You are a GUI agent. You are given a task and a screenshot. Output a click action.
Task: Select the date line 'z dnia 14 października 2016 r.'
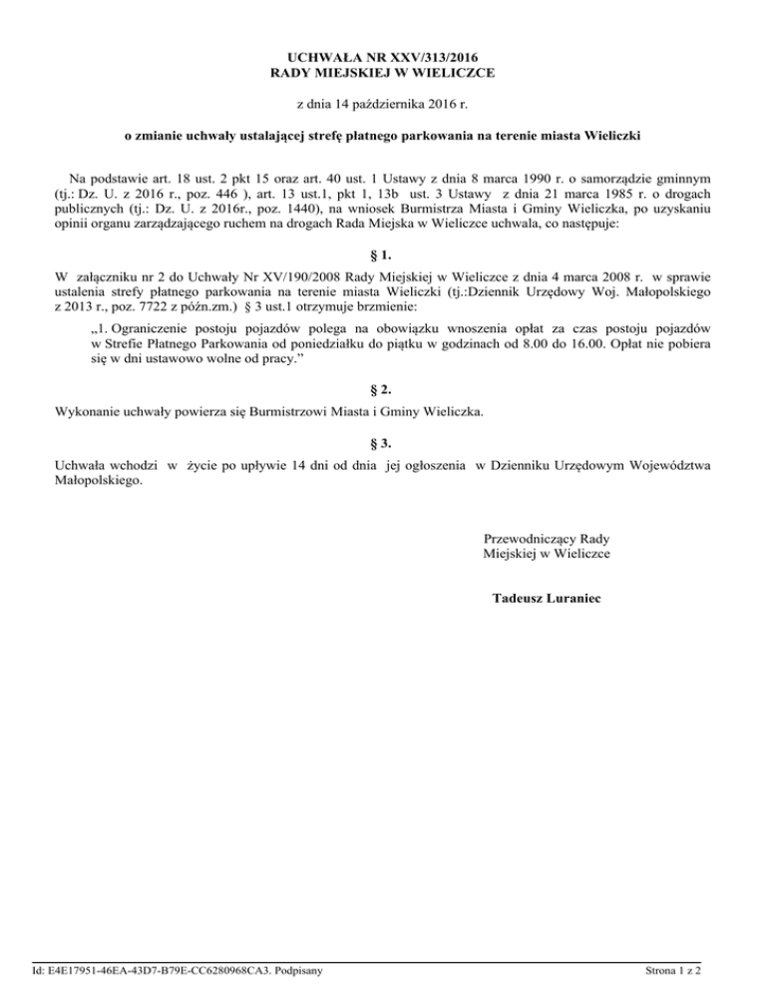[x=383, y=104]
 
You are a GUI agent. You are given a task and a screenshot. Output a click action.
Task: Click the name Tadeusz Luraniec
[x=547, y=599]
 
